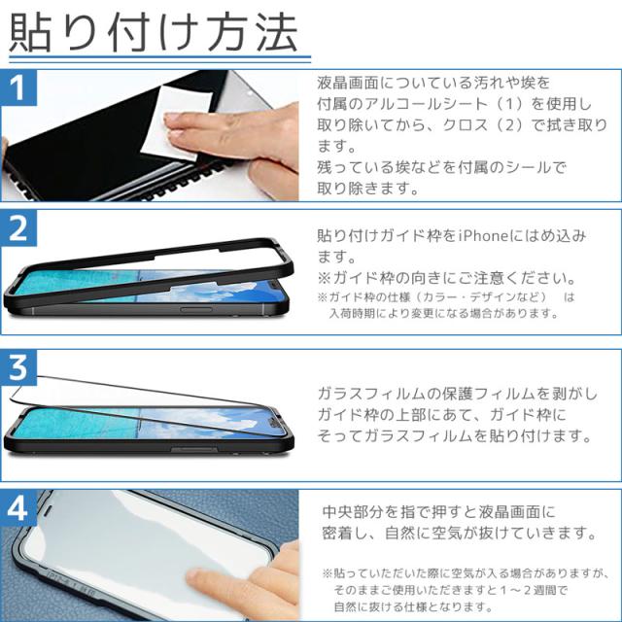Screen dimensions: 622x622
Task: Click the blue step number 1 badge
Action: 18,87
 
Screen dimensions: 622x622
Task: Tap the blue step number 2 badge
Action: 18,228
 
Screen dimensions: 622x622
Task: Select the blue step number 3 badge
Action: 18,367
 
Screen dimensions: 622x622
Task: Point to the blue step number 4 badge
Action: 18,507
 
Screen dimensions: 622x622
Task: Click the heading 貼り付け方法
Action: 154,32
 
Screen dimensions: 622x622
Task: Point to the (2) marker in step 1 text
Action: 509,125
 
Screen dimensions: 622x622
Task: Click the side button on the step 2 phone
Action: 195,309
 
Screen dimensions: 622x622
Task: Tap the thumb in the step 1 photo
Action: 274,175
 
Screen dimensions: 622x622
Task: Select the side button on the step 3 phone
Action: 194,449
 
